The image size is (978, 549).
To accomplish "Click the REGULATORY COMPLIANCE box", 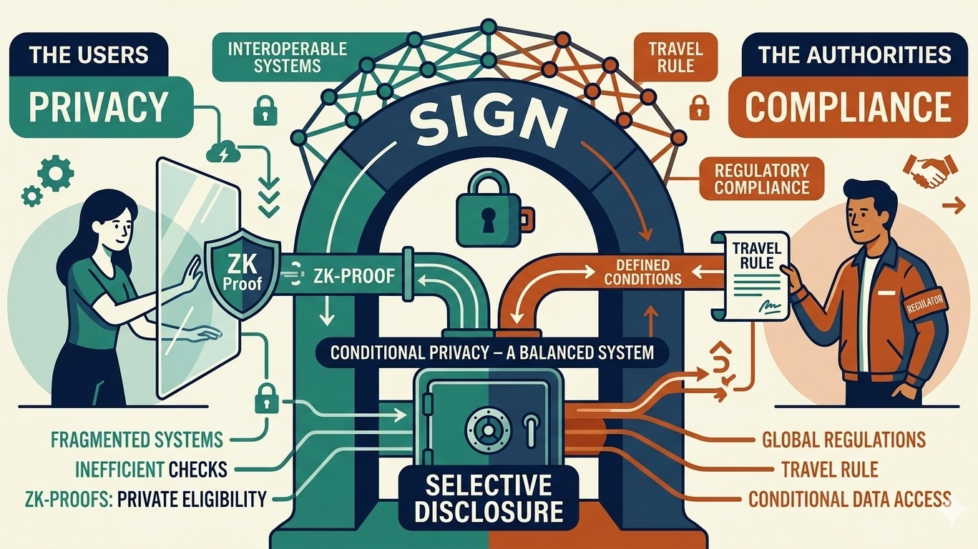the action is pyautogui.click(x=761, y=179).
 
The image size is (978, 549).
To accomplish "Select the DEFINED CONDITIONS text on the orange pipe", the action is pyautogui.click(x=642, y=272).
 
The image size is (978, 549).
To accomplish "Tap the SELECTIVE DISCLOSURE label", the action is pyautogui.click(x=489, y=499).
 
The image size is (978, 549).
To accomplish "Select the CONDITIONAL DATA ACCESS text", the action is pyautogui.click(x=849, y=499).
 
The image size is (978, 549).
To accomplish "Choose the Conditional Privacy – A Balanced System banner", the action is pyautogui.click(x=489, y=352).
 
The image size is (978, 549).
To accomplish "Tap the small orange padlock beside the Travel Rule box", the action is pyautogui.click(x=695, y=109).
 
